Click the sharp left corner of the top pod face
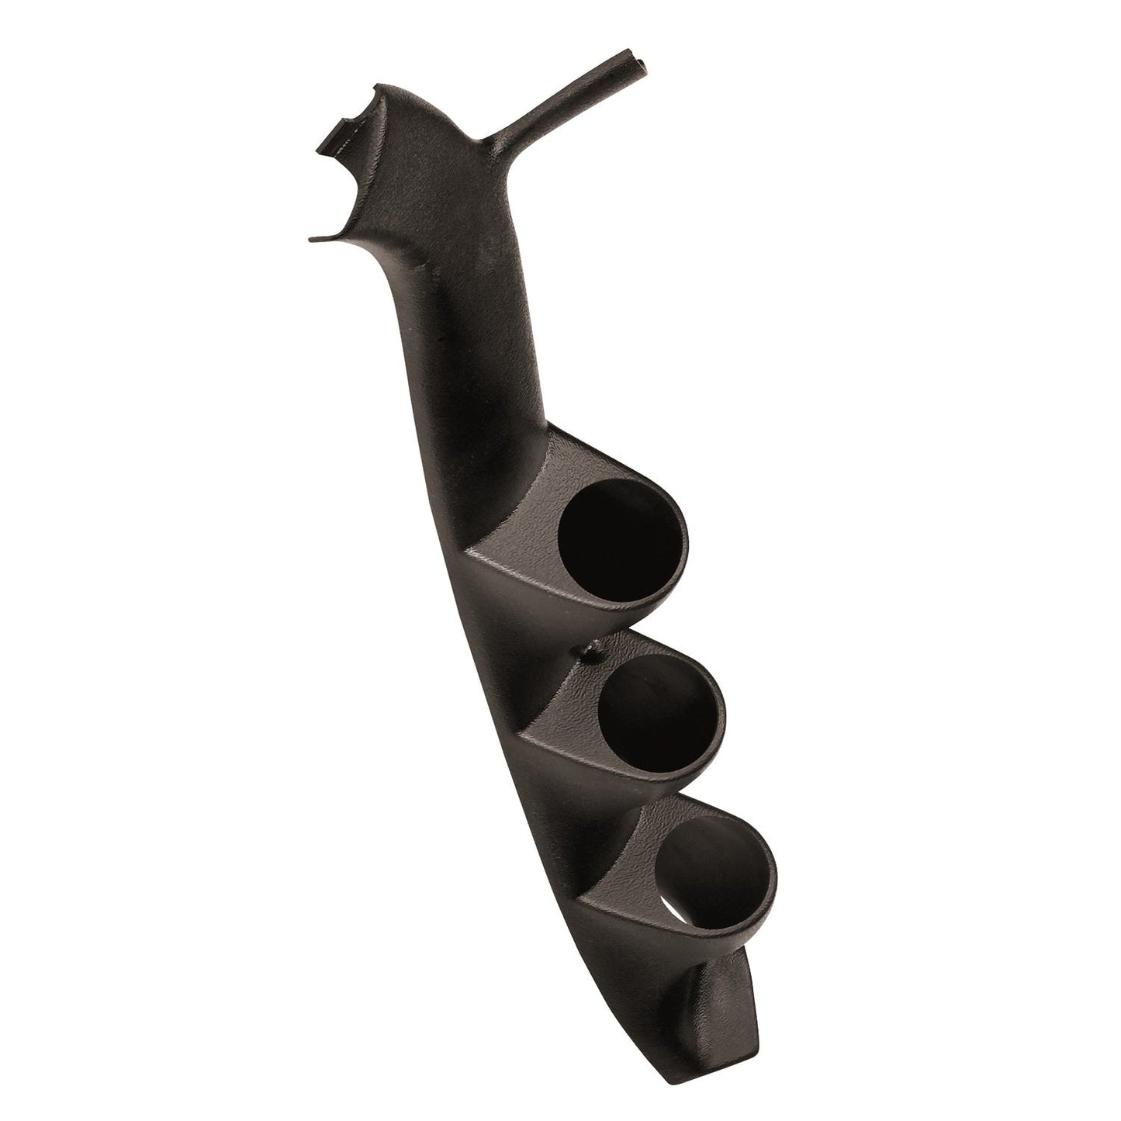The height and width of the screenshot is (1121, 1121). coord(465,553)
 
